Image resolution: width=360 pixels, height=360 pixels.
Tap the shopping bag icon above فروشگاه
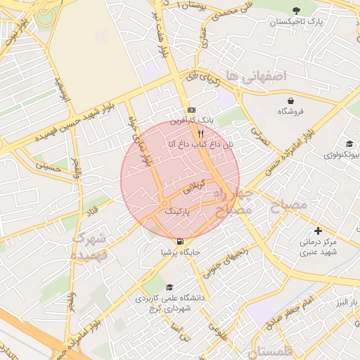(x=290, y=101)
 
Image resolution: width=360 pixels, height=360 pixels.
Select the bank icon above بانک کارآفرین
(x=191, y=110)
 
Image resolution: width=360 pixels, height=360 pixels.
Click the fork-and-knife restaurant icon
(x=200, y=133)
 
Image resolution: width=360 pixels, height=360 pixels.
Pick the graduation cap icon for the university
(x=169, y=288)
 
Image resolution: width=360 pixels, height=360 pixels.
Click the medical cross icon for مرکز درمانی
(x=318, y=231)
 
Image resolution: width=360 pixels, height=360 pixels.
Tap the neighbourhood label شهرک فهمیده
(x=89, y=246)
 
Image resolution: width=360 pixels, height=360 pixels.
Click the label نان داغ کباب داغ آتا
(x=200, y=144)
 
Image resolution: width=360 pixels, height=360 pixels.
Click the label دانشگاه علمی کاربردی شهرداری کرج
(x=169, y=302)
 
